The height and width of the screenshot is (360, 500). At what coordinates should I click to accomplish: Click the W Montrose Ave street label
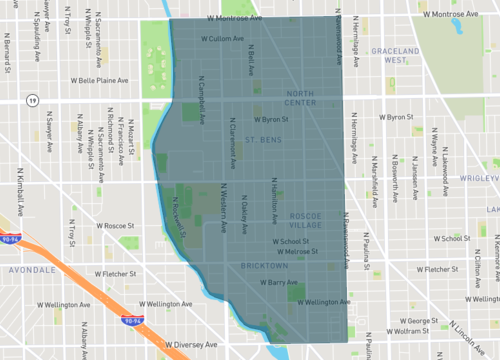(x=240, y=18)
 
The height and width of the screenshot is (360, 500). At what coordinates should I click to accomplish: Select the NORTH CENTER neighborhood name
(x=300, y=97)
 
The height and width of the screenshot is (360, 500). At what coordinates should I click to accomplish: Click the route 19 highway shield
(x=33, y=100)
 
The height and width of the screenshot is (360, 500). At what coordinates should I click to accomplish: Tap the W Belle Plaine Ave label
(x=100, y=79)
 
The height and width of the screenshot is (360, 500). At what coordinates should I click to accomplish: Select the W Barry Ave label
(x=279, y=283)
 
